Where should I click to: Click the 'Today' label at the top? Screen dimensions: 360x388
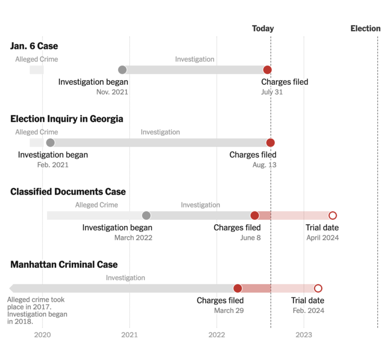263,28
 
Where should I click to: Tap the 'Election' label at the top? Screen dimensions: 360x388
365,28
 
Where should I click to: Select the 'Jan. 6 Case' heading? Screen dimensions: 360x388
34,46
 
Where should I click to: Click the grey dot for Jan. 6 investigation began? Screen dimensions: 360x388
122,70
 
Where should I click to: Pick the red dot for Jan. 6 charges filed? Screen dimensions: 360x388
267,70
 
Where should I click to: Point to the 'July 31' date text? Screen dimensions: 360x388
272,92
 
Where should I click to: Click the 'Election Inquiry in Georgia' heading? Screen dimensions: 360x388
67,119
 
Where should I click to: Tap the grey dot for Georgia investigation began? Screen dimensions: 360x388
51,142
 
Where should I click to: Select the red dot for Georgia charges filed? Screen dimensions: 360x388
270,142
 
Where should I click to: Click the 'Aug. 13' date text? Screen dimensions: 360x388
264,165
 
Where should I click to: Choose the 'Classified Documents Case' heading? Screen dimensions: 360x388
68,192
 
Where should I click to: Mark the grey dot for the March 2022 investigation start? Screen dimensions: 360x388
147,216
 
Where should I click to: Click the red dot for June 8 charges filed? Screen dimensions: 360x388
255,216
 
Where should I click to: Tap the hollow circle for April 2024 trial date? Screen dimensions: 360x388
332,216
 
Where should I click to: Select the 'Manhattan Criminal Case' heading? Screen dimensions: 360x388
64,265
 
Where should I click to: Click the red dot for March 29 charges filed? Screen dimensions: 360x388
237,288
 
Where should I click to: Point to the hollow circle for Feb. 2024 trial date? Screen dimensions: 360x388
318,288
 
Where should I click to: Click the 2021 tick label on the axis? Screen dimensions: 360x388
129,334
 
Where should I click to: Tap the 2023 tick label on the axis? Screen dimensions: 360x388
304,334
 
